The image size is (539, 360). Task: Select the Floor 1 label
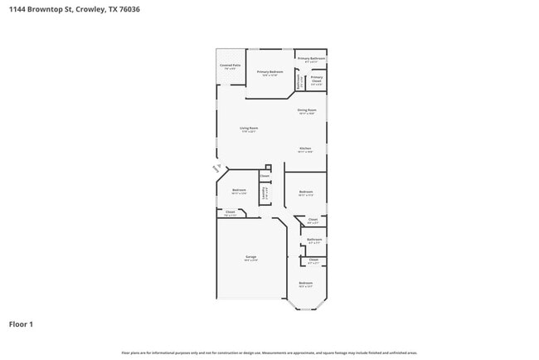(x=22, y=324)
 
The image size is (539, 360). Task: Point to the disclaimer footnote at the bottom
(x=269, y=353)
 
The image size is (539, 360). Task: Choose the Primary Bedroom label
(x=269, y=72)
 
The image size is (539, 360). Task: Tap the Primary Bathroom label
(x=312, y=58)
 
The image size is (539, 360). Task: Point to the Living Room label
(x=249, y=129)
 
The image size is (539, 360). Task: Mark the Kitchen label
(x=305, y=148)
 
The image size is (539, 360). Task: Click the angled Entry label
(x=216, y=168)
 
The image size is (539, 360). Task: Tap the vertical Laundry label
(x=265, y=193)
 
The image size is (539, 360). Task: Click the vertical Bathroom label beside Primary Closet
(x=299, y=81)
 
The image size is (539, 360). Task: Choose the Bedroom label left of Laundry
(x=239, y=190)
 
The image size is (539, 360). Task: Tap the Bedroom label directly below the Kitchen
(x=305, y=192)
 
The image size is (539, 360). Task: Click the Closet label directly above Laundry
(x=265, y=176)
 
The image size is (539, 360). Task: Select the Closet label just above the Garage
(x=231, y=212)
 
